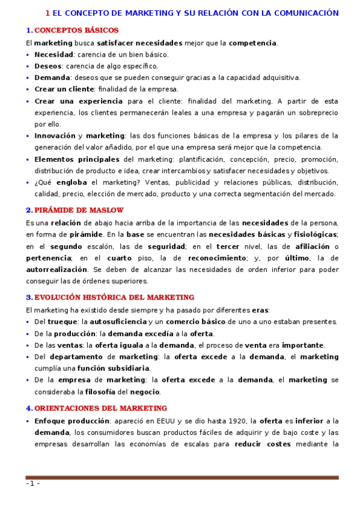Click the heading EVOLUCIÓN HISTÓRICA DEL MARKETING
click(114, 297)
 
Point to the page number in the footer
click(32, 484)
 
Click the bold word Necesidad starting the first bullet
click(53, 54)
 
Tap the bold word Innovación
click(55, 136)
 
